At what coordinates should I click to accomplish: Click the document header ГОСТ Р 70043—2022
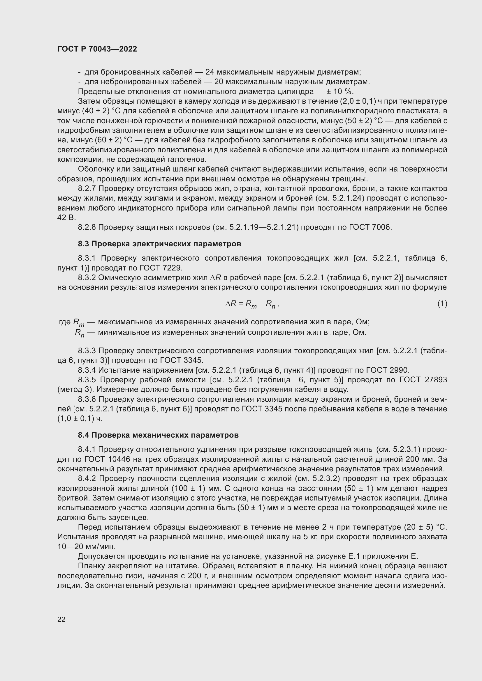(x=97, y=49)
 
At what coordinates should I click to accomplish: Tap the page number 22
(x=61, y=619)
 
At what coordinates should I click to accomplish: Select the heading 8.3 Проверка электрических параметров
(x=159, y=244)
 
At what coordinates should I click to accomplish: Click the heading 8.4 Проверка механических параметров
(x=158, y=435)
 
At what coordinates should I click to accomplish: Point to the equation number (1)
(x=442, y=303)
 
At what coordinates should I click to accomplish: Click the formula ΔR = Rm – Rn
(x=252, y=304)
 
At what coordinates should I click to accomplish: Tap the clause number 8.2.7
(x=87, y=189)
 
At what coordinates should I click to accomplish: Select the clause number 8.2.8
(x=87, y=227)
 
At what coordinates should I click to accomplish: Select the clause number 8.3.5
(x=87, y=380)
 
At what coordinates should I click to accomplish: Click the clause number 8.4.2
(x=87, y=479)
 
